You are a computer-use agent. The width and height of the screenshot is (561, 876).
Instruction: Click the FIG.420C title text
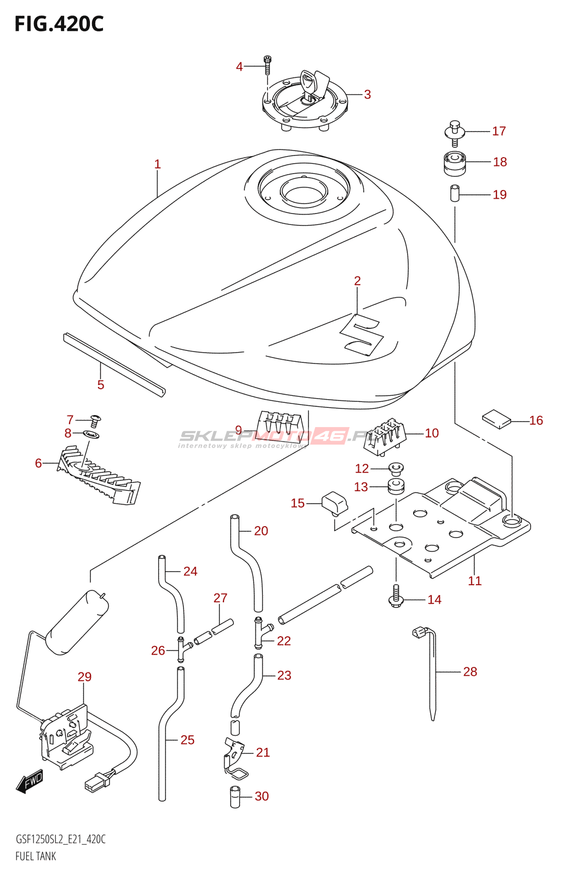point(59,24)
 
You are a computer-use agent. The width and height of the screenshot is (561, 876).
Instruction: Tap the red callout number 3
point(367,94)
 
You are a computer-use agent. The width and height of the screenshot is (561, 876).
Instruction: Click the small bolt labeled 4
point(267,65)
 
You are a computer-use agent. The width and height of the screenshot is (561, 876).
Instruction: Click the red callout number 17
point(499,131)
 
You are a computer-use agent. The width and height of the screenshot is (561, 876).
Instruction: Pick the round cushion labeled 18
point(455,163)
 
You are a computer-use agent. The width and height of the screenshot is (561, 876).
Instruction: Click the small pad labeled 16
point(496,419)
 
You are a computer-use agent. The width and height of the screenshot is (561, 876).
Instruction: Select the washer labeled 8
point(91,434)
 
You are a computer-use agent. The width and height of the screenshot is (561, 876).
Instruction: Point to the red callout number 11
point(474,581)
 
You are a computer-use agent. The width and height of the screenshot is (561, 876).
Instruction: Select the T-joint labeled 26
point(183,649)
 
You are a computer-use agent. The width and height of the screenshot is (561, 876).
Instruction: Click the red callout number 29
point(84,676)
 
